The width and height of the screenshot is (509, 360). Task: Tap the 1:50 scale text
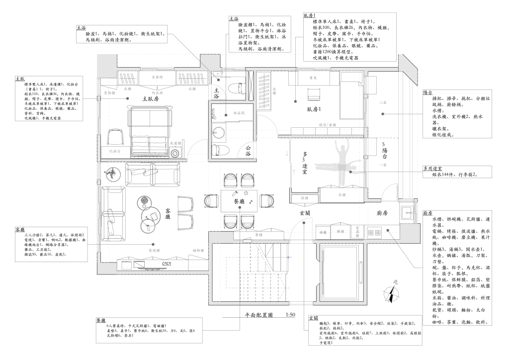[291, 315]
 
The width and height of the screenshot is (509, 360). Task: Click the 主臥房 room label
[150, 99]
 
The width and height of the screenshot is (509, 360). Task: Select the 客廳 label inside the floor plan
[168, 214]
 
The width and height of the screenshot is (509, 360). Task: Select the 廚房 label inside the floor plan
[382, 213]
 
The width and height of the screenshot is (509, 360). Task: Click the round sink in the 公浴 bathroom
[218, 132]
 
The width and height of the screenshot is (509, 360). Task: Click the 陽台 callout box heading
[427, 92]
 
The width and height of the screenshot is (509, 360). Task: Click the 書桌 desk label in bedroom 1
[313, 78]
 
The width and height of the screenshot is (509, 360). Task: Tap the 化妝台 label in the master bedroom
[114, 150]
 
